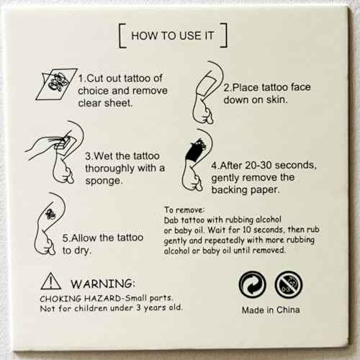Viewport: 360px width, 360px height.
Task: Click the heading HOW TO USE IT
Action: point(173,35)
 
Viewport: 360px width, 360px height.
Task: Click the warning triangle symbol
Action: point(49,281)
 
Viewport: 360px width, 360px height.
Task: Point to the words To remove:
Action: point(185,209)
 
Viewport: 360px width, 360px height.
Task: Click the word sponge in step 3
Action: point(102,181)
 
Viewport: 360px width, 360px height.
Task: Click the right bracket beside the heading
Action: point(225,35)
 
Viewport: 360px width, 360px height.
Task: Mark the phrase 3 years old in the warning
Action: point(156,307)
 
